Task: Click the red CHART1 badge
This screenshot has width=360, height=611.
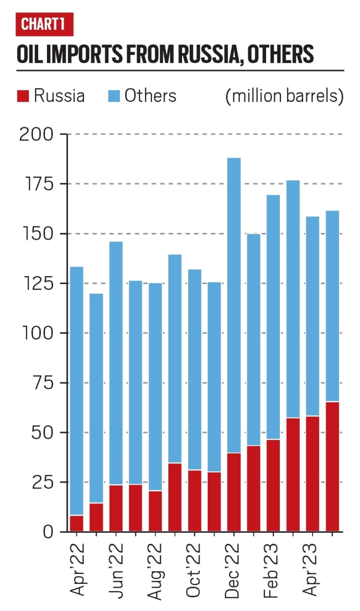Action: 44,25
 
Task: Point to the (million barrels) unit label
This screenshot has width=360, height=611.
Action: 284,96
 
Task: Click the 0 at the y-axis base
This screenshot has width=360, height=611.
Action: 48,532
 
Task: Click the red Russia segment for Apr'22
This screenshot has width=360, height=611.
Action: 77,523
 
